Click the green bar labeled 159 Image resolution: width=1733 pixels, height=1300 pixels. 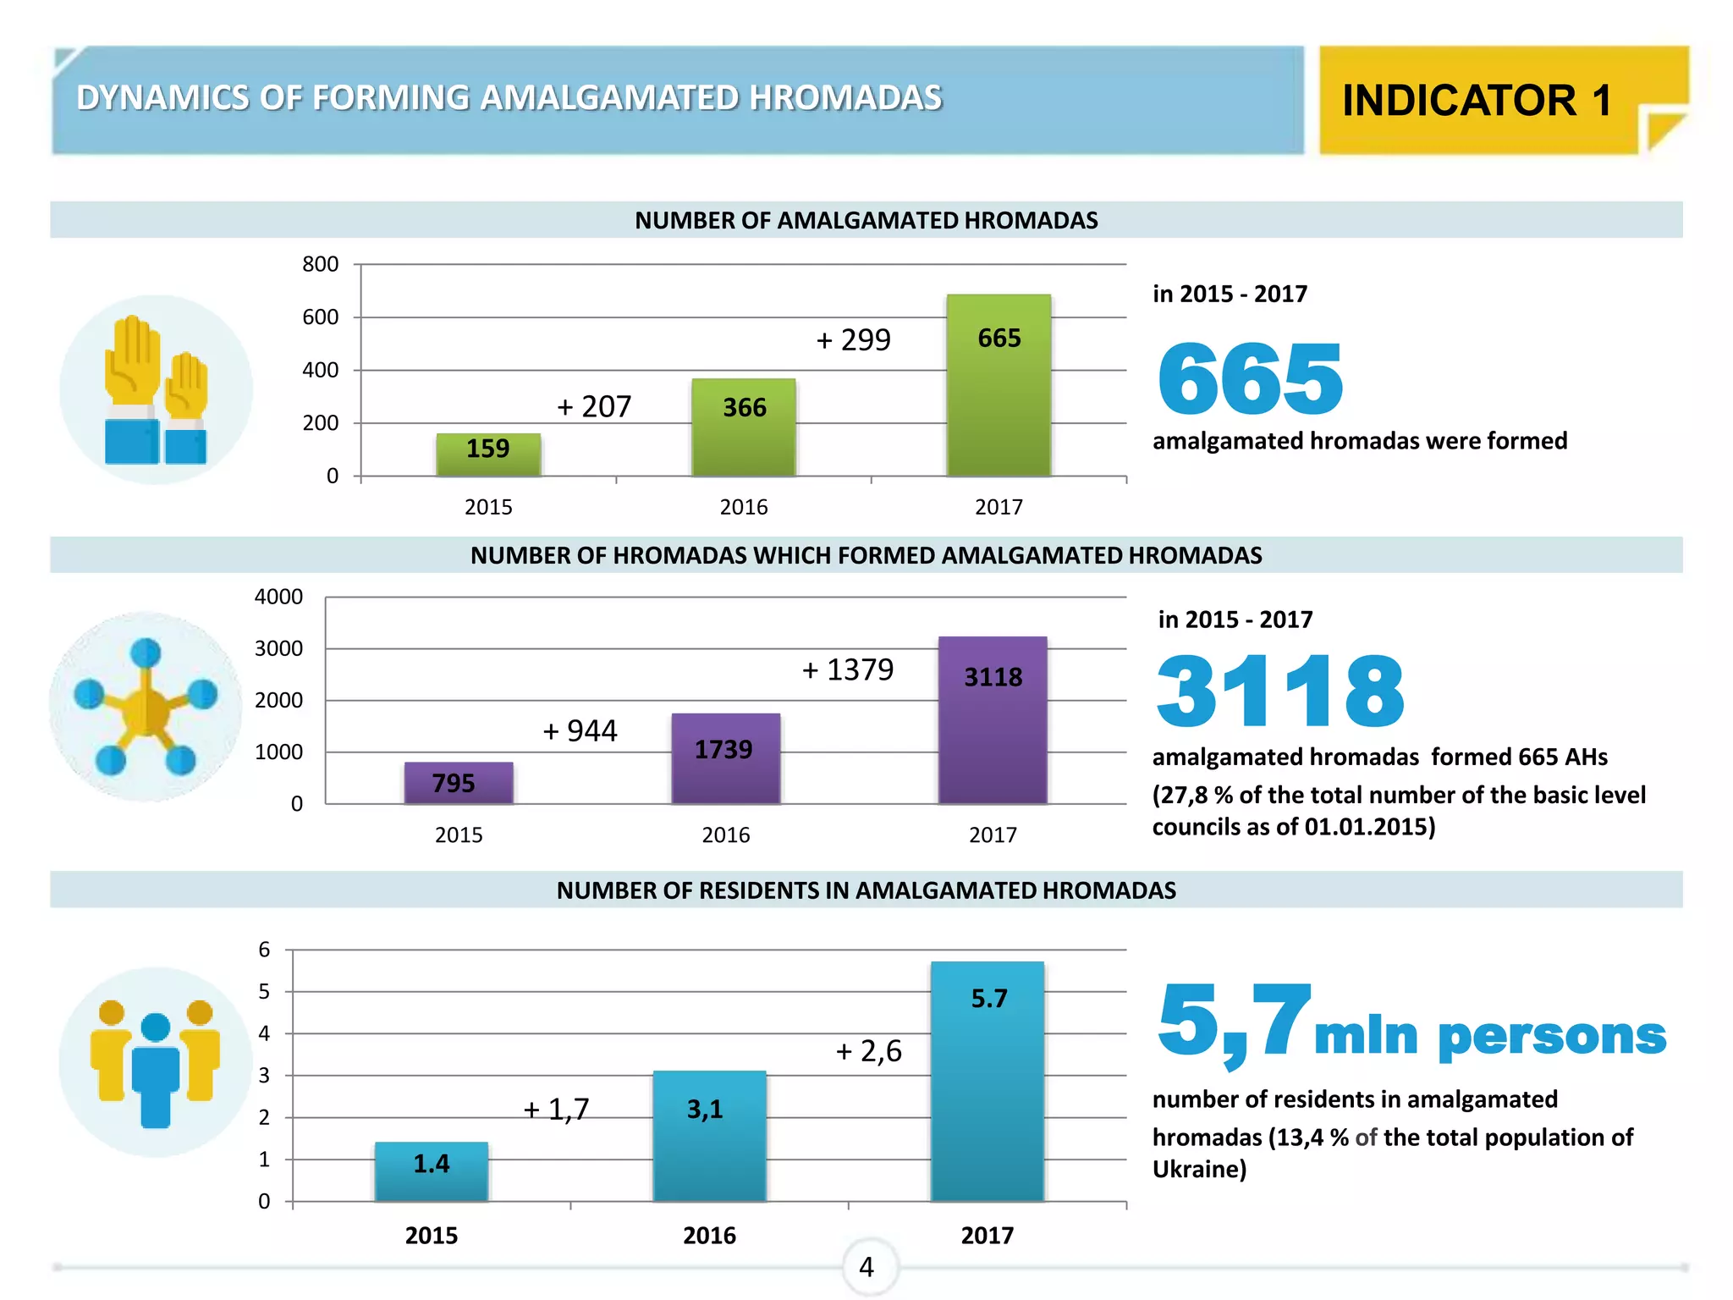click(x=488, y=454)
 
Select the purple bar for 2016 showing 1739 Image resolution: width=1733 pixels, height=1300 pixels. click(x=725, y=757)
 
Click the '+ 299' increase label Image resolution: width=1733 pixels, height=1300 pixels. click(x=853, y=340)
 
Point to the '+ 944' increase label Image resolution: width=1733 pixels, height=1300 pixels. click(x=580, y=730)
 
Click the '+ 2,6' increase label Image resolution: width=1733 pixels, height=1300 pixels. click(x=868, y=1051)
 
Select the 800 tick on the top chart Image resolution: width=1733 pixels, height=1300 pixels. click(x=320, y=264)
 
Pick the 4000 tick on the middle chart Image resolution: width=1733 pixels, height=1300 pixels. click(x=278, y=597)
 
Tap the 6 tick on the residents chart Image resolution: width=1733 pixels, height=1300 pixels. click(x=264, y=950)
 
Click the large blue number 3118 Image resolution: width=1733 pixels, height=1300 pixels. click(x=1279, y=692)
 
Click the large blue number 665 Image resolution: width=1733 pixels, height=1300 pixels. click(x=1250, y=379)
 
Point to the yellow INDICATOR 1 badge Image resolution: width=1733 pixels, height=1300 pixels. click(x=1477, y=101)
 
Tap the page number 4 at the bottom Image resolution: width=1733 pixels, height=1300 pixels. click(x=866, y=1267)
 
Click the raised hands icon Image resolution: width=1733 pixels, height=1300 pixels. click(x=156, y=390)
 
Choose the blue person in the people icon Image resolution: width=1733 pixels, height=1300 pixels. click(x=156, y=1070)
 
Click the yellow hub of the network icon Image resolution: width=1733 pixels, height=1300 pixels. click(x=146, y=708)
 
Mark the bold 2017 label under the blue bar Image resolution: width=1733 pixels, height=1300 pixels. click(x=987, y=1236)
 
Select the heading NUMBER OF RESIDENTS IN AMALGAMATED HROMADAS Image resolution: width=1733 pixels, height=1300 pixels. click(x=866, y=890)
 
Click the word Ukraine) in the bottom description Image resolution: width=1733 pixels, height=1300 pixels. click(x=1199, y=1170)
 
